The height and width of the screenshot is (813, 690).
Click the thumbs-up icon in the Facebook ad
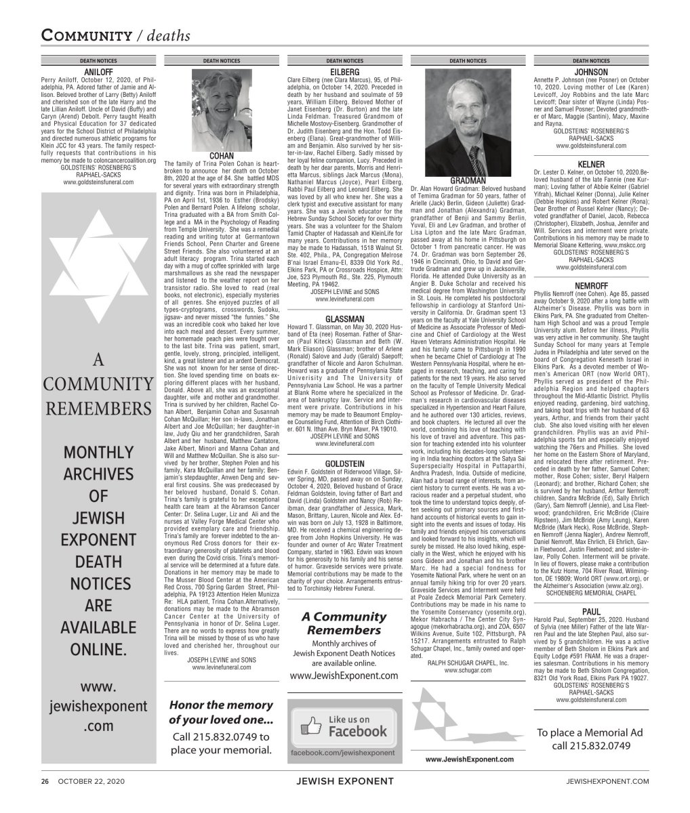coord(310,726)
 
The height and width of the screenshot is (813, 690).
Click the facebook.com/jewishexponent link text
coord(342,753)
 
